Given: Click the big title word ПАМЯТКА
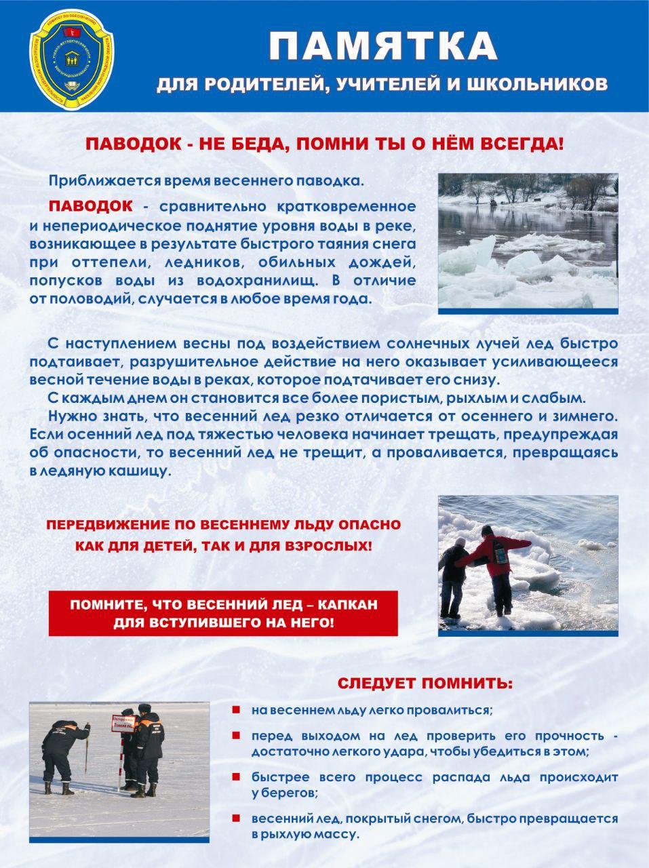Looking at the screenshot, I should click(x=383, y=46).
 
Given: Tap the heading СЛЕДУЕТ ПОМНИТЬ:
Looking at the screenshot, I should click(x=425, y=683).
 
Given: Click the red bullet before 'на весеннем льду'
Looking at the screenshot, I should click(x=236, y=709).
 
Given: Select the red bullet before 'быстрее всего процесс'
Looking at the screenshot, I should click(x=236, y=776).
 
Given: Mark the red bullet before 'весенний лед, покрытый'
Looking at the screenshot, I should click(x=236, y=818).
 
